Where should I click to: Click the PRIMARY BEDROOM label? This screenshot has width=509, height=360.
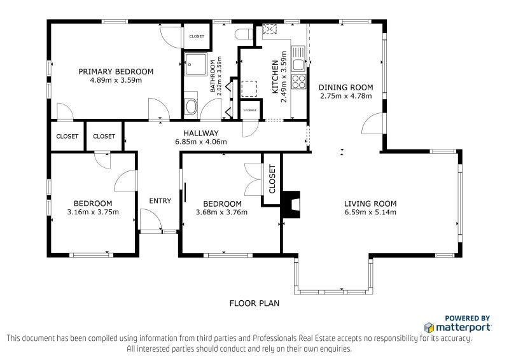[x=116, y=71]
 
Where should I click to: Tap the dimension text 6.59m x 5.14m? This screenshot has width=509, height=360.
[x=370, y=212]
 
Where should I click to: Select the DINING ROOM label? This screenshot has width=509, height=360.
[x=345, y=87]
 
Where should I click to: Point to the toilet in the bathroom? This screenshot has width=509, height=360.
[x=244, y=34]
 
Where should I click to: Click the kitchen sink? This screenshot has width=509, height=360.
[x=298, y=59]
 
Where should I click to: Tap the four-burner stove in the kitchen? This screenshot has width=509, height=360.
[x=298, y=81]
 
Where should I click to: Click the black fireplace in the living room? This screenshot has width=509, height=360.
[x=291, y=204]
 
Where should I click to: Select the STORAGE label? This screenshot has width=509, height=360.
[x=250, y=111]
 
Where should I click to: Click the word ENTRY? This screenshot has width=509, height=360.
[x=160, y=201]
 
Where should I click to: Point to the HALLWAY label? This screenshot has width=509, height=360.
[x=201, y=133]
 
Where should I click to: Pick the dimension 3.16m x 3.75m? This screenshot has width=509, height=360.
[x=93, y=212]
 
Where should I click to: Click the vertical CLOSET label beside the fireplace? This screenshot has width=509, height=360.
[x=272, y=179]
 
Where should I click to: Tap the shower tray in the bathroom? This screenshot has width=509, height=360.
[x=196, y=64]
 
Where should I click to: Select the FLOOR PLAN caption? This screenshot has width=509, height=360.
[x=254, y=303]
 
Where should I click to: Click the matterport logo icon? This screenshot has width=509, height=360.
[x=429, y=328]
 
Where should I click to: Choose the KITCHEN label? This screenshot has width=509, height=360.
[x=275, y=76]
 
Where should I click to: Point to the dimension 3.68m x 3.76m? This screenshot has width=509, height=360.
[x=221, y=212]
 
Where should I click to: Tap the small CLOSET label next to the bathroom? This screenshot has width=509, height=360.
[x=197, y=36]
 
